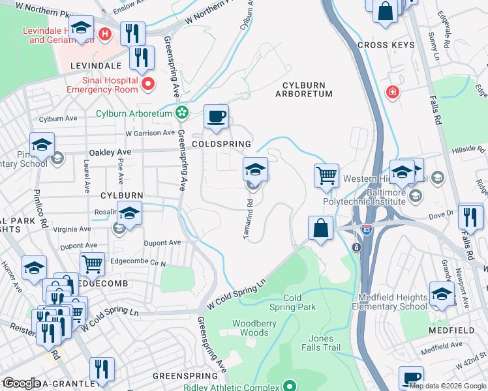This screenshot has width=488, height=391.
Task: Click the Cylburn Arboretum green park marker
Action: tap(182, 113)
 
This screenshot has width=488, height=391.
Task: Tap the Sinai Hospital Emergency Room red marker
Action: tap(148, 83)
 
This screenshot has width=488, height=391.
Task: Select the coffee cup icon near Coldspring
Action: tap(217, 117)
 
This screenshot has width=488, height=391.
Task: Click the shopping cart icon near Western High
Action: tap(326, 175)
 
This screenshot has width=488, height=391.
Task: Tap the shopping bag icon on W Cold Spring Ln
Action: tap(320, 229)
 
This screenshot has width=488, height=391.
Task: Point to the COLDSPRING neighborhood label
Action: tap(221, 144)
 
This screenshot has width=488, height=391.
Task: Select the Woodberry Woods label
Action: tap(254, 328)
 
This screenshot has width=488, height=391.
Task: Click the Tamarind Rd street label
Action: tap(249, 218)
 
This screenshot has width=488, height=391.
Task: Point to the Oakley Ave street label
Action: tap(110, 152)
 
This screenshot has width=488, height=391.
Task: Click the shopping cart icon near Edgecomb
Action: tap(92, 264)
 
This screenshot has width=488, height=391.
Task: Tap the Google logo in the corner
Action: tap(21, 383)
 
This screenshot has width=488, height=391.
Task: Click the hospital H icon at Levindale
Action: tap(105, 33)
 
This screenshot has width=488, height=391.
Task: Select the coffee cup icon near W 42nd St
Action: tap(412, 377)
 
